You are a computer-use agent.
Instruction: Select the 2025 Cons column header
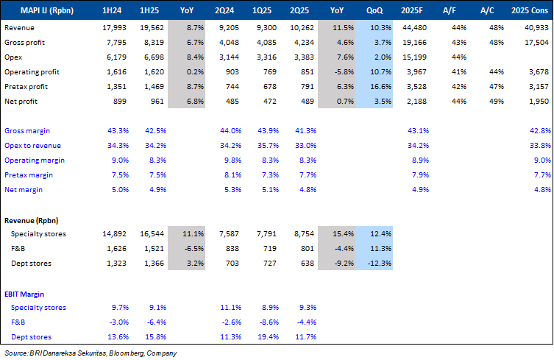pyautogui.click(x=531, y=10)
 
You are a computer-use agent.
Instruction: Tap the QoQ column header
pyautogui.click(x=374, y=10)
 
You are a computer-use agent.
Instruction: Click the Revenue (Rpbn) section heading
pyautogui.click(x=31, y=220)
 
